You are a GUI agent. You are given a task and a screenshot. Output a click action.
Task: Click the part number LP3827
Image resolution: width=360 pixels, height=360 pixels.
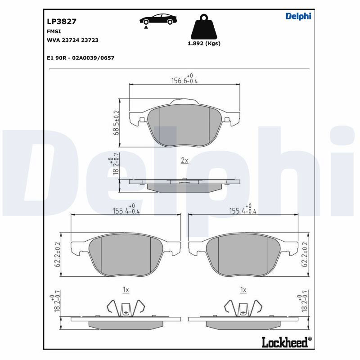62,21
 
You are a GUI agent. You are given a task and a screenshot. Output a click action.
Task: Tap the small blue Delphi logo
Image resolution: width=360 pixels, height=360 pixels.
298,16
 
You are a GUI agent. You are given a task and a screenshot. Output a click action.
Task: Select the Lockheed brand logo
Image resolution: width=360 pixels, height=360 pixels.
287,342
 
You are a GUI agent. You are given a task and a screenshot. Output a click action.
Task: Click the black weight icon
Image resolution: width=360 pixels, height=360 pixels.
204,27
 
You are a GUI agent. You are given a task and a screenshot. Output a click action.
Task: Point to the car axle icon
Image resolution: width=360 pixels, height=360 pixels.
158,21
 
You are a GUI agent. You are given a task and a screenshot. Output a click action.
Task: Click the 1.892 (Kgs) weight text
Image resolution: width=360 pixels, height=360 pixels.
204,43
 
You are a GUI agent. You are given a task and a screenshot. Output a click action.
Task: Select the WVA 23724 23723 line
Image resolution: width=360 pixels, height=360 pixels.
72,40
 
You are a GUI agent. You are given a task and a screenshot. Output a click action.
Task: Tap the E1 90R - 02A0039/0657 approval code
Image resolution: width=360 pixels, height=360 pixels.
81,58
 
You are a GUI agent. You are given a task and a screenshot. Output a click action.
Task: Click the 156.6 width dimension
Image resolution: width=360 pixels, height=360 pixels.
184,79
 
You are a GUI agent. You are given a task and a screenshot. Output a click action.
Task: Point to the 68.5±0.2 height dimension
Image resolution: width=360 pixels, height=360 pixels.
117,122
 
